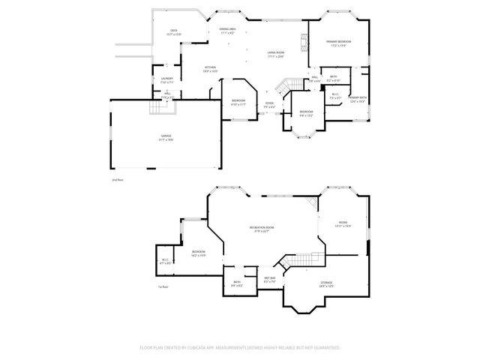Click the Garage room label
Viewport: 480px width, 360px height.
(x=166, y=137)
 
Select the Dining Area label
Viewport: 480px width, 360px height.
(x=228, y=31)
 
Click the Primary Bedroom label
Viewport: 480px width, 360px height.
(x=338, y=43)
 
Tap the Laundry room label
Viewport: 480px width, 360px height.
(x=167, y=79)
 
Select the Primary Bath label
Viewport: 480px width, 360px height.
(x=357, y=99)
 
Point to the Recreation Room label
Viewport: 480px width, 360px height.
(x=262, y=229)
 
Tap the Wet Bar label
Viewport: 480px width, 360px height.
(x=270, y=280)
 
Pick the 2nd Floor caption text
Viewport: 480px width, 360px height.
(x=116, y=181)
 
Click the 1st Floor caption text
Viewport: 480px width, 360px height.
(x=162, y=287)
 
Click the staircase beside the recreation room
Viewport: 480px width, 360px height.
(x=295, y=261)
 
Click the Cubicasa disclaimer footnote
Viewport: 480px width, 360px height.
(x=240, y=348)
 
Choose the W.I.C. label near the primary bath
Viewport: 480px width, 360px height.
(x=336, y=97)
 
